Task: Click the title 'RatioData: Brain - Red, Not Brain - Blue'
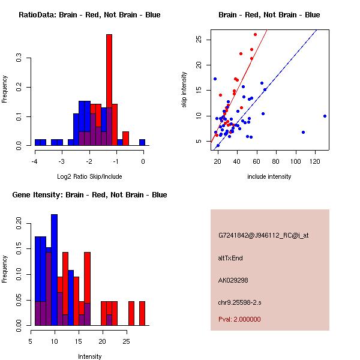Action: tap(89, 15)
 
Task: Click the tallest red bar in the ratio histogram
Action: tap(109, 90)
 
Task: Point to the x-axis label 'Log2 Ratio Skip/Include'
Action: tap(89, 176)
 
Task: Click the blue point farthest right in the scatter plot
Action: tap(325, 116)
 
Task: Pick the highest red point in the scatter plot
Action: tap(255, 35)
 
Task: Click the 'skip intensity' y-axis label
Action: tap(184, 90)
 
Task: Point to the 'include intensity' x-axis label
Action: tap(269, 176)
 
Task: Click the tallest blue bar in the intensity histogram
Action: tap(54, 269)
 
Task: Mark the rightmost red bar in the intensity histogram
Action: tap(142, 313)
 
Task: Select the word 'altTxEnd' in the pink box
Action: tap(231, 258)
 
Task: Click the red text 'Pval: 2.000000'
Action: tap(240, 319)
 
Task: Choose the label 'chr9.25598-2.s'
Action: tap(240, 302)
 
